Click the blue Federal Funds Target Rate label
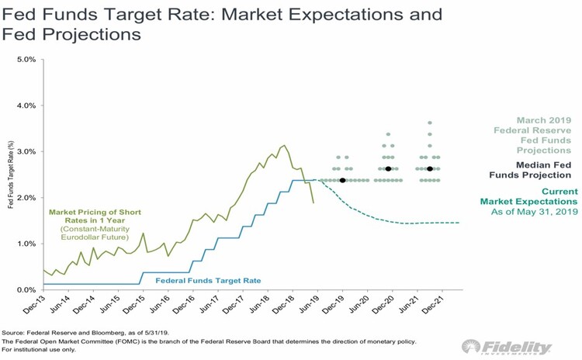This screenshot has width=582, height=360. click(208, 280)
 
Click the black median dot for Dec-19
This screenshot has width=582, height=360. click(342, 180)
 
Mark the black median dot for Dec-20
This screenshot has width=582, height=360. click(388, 168)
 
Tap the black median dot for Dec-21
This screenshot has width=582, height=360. click(430, 168)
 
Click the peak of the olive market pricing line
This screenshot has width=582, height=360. click(284, 145)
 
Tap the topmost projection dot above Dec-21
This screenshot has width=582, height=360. click(430, 123)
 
